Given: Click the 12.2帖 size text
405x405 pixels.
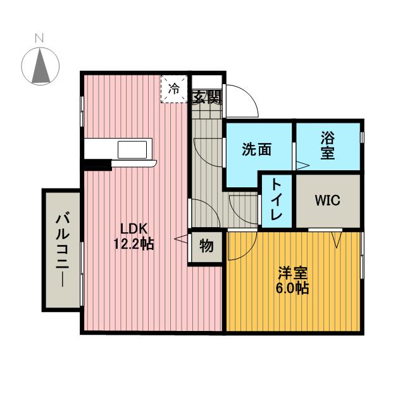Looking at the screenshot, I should coord(133,244).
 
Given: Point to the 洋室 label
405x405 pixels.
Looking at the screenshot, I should coord(293,273).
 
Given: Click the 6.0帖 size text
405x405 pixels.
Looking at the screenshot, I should coord(293,289).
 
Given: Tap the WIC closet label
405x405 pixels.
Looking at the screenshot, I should coord(328,201).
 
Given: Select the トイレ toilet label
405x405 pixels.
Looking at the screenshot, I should coord(277,198).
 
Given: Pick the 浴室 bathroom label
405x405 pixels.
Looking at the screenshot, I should coord(327,145).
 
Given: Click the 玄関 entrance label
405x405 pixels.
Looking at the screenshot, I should coord(206,97).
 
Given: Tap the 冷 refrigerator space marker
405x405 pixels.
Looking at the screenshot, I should coord(173,89).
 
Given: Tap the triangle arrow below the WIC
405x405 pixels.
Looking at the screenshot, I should coord(336,240).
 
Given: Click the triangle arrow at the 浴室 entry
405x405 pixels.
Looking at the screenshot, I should coord(302,166).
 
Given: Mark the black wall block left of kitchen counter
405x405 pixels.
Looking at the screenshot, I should coord(97,166).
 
